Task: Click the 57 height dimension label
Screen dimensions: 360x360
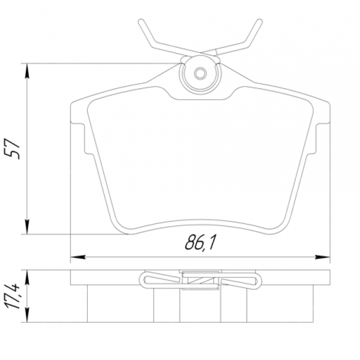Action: click(12, 148)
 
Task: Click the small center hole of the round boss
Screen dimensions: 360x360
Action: click(200, 74)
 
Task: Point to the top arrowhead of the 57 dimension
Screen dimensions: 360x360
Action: click(27, 71)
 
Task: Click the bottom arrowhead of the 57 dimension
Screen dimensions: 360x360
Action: click(27, 227)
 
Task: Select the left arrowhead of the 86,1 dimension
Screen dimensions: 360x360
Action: click(78, 257)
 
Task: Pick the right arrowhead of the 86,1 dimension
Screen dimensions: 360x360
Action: click(322, 257)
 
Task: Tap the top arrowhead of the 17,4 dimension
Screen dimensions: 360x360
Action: click(27, 277)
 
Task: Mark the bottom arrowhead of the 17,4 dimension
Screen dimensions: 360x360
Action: click(27, 315)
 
